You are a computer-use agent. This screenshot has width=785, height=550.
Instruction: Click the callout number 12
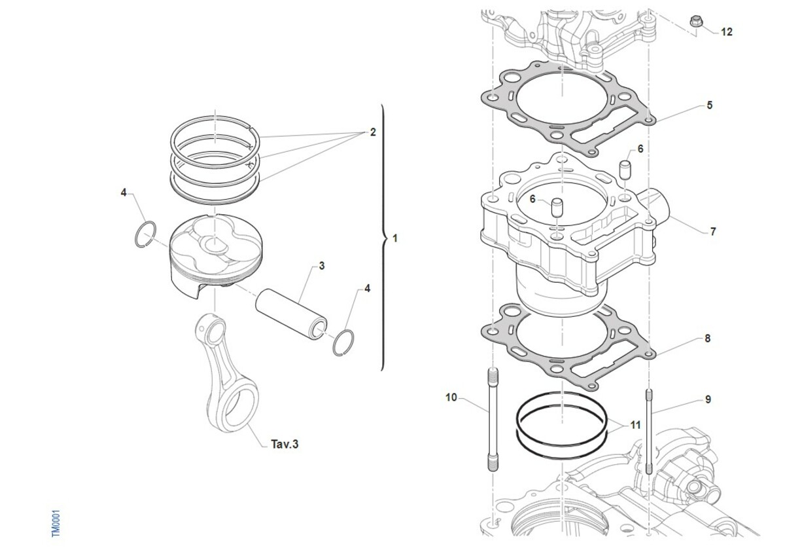click(x=727, y=32)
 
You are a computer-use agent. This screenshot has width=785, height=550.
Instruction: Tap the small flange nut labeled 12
click(x=695, y=22)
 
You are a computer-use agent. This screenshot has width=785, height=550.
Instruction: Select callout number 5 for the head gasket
click(x=710, y=105)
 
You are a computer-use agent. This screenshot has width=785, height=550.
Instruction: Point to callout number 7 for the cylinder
click(x=713, y=232)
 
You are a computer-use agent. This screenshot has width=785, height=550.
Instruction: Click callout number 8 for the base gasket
click(x=708, y=339)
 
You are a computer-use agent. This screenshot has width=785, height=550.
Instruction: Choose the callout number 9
click(x=708, y=399)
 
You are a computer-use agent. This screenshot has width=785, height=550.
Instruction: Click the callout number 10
click(x=451, y=397)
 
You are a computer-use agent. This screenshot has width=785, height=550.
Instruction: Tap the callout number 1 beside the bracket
click(x=395, y=238)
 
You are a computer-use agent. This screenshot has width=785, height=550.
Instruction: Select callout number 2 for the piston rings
click(x=373, y=132)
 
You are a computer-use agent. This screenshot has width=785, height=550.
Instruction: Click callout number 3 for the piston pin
click(x=322, y=266)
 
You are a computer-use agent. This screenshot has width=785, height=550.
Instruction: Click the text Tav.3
click(x=285, y=445)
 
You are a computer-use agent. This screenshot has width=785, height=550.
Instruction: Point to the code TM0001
click(x=56, y=523)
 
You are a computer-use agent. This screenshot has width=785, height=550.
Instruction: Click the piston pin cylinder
click(x=291, y=314)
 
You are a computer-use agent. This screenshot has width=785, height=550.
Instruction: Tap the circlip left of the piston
click(x=145, y=234)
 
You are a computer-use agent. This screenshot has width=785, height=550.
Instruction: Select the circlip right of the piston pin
click(x=343, y=343)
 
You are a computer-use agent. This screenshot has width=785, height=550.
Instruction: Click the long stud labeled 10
click(x=493, y=419)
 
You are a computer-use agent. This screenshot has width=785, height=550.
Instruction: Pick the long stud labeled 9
click(x=649, y=431)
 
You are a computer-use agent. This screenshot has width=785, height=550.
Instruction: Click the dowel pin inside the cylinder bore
click(x=557, y=208)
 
